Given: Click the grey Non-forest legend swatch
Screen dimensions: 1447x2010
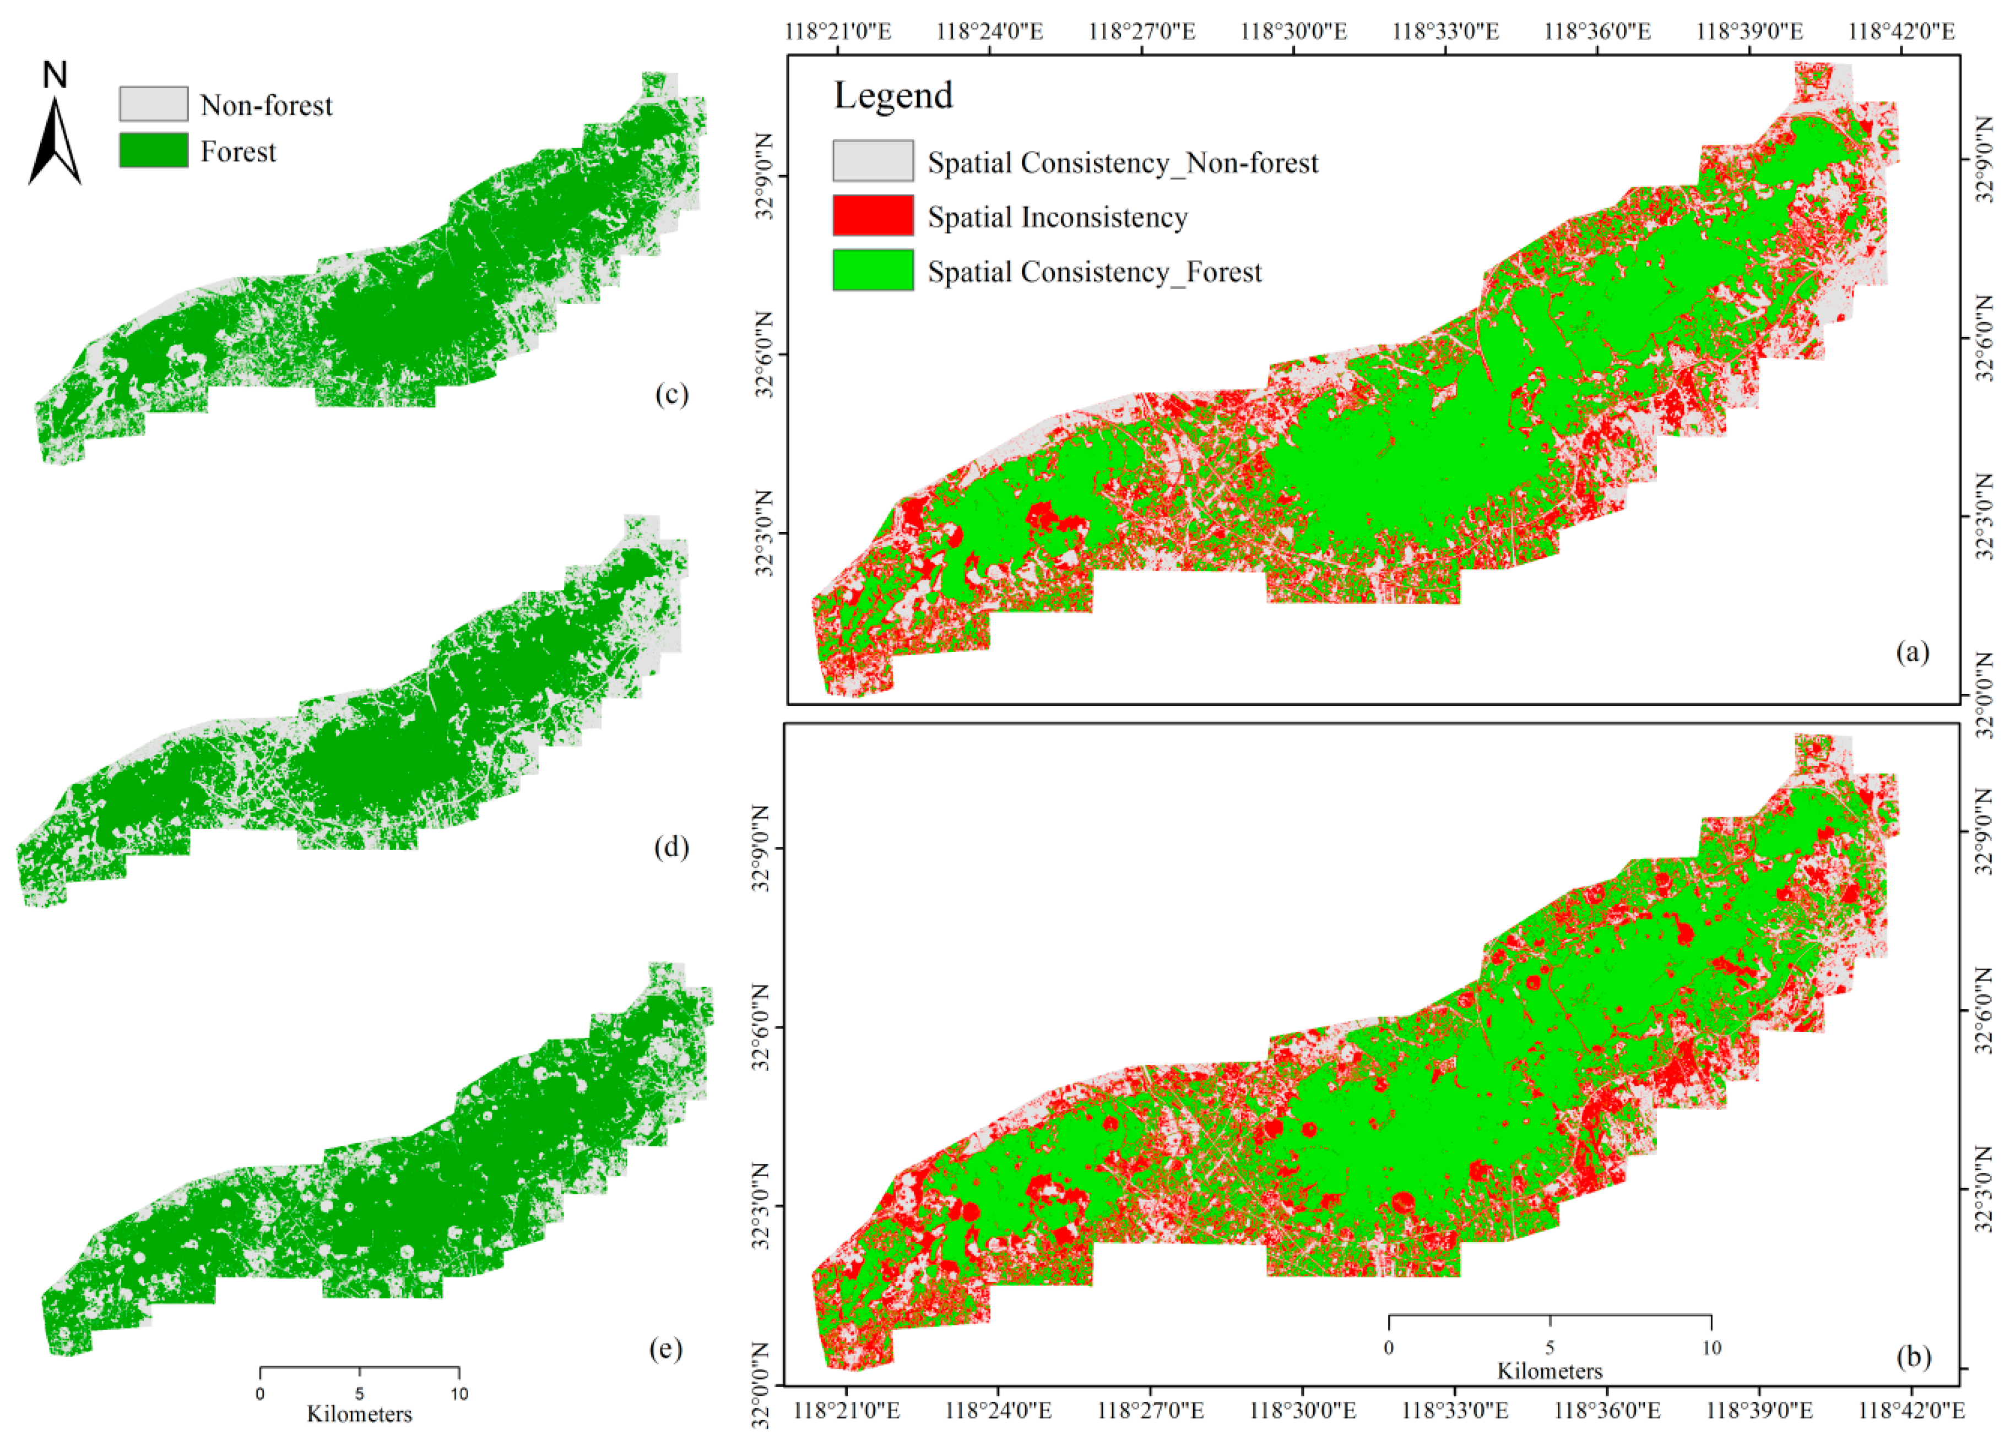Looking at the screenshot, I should pos(153,104).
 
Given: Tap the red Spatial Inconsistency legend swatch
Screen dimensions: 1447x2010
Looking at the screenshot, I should pos(872,215).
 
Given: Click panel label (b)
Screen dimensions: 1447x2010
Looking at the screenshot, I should pos(1913,1357).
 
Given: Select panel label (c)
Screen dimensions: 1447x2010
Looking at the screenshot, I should pos(671,394).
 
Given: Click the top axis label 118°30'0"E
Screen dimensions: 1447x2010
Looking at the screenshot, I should pos(1293,32).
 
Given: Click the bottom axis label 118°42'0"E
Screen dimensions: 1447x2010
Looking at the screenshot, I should pos(1911,1409).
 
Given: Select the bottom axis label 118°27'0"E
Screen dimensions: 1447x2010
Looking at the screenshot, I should pos(1150,1409).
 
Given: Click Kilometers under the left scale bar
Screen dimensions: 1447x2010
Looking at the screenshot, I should pos(359,1413).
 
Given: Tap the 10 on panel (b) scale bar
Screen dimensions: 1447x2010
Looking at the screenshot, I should pos(1711,1348).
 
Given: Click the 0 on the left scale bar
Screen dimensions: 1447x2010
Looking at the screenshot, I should pos(259,1394).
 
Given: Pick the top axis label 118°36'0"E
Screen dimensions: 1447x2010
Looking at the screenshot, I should pos(1597,32).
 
